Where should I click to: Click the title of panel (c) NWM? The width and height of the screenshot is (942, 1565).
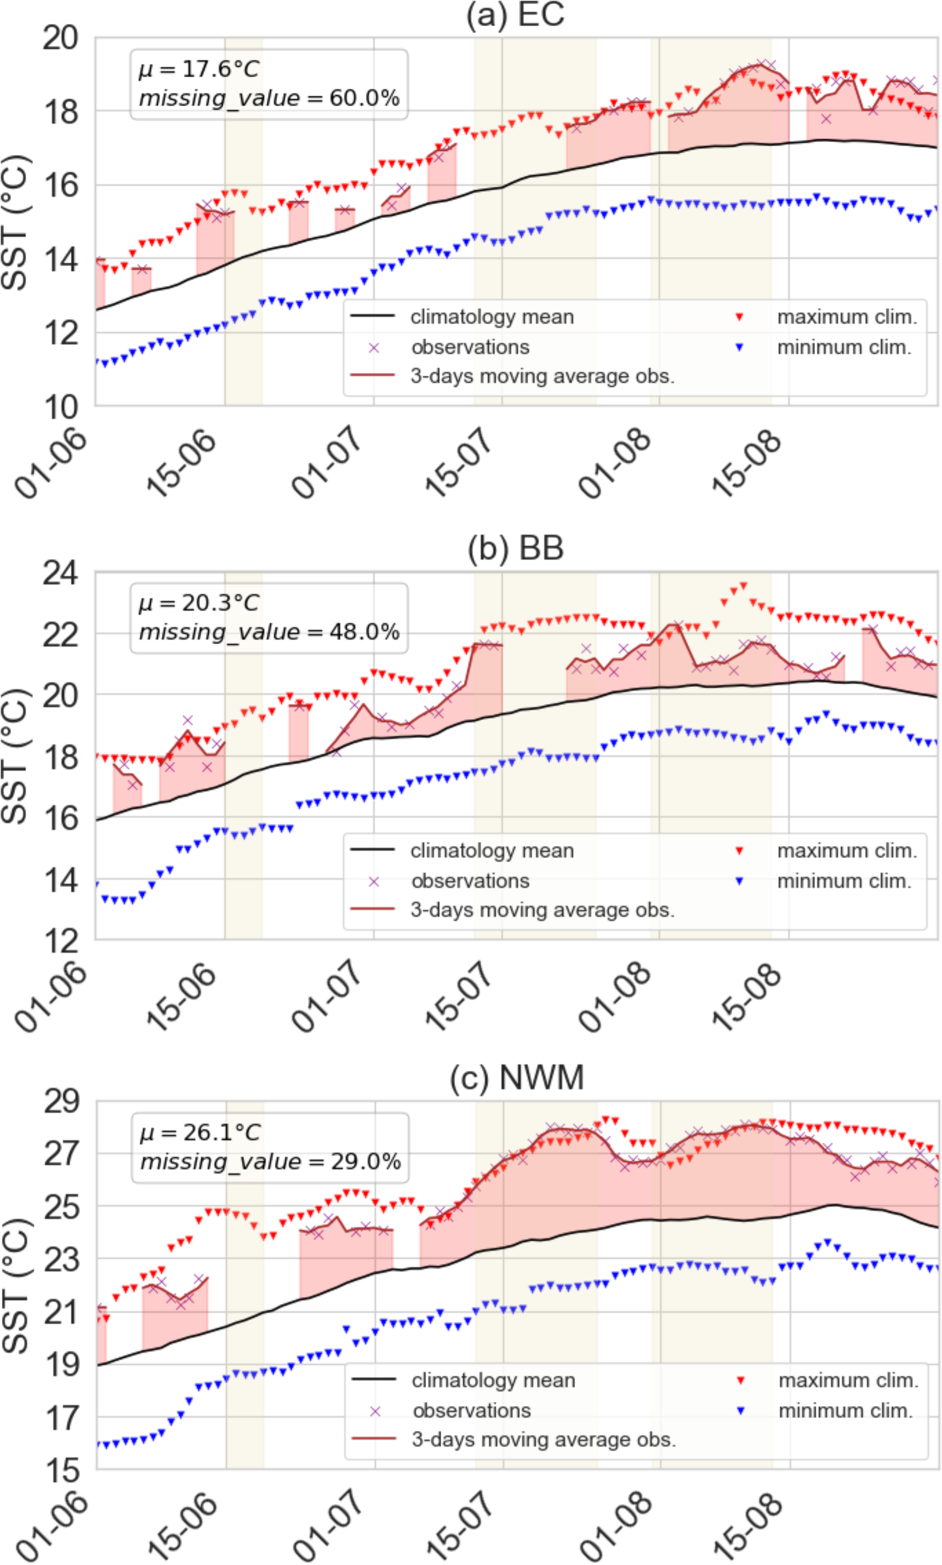click(x=516, y=1078)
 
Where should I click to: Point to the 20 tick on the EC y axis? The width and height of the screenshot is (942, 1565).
click(x=61, y=39)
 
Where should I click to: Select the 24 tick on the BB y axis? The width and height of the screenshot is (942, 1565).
click(x=61, y=573)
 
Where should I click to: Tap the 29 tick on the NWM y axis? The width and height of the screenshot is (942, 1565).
click(x=62, y=1102)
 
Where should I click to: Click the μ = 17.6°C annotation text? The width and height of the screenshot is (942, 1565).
click(x=200, y=69)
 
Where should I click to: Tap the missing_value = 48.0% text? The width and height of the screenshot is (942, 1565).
click(x=269, y=632)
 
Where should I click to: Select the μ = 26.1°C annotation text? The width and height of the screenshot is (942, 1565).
click(x=200, y=1132)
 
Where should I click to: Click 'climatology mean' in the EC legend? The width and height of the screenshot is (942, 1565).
click(x=492, y=317)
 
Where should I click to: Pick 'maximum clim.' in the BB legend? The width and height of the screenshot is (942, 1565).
click(x=847, y=851)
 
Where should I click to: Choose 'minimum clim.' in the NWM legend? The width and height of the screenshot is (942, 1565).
click(x=845, y=1411)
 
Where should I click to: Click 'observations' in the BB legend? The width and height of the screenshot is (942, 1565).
click(x=470, y=881)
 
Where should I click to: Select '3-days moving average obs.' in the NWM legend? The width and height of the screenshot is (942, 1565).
click(x=543, y=1439)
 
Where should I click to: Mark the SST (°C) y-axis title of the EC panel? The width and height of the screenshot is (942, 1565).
click(x=15, y=222)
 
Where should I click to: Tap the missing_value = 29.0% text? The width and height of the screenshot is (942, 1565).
click(x=270, y=1162)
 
